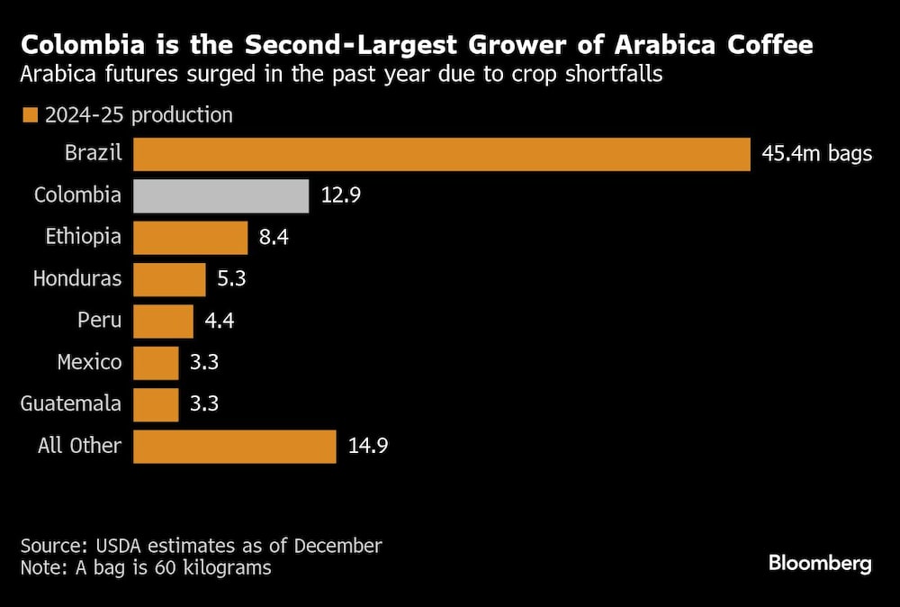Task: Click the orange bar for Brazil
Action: (441, 154)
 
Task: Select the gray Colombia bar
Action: (221, 195)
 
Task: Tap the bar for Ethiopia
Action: (191, 238)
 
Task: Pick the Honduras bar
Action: (169, 279)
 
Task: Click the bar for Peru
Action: (163, 321)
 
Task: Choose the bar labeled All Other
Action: (235, 446)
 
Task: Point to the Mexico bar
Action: (156, 363)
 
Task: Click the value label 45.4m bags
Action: (816, 154)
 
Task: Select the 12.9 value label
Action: (341, 195)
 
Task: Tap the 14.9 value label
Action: (369, 446)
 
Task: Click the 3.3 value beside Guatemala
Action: (204, 404)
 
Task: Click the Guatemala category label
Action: (71, 404)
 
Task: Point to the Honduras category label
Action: (77, 279)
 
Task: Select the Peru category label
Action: (100, 321)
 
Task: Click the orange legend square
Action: (30, 115)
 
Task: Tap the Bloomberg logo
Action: (820, 565)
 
